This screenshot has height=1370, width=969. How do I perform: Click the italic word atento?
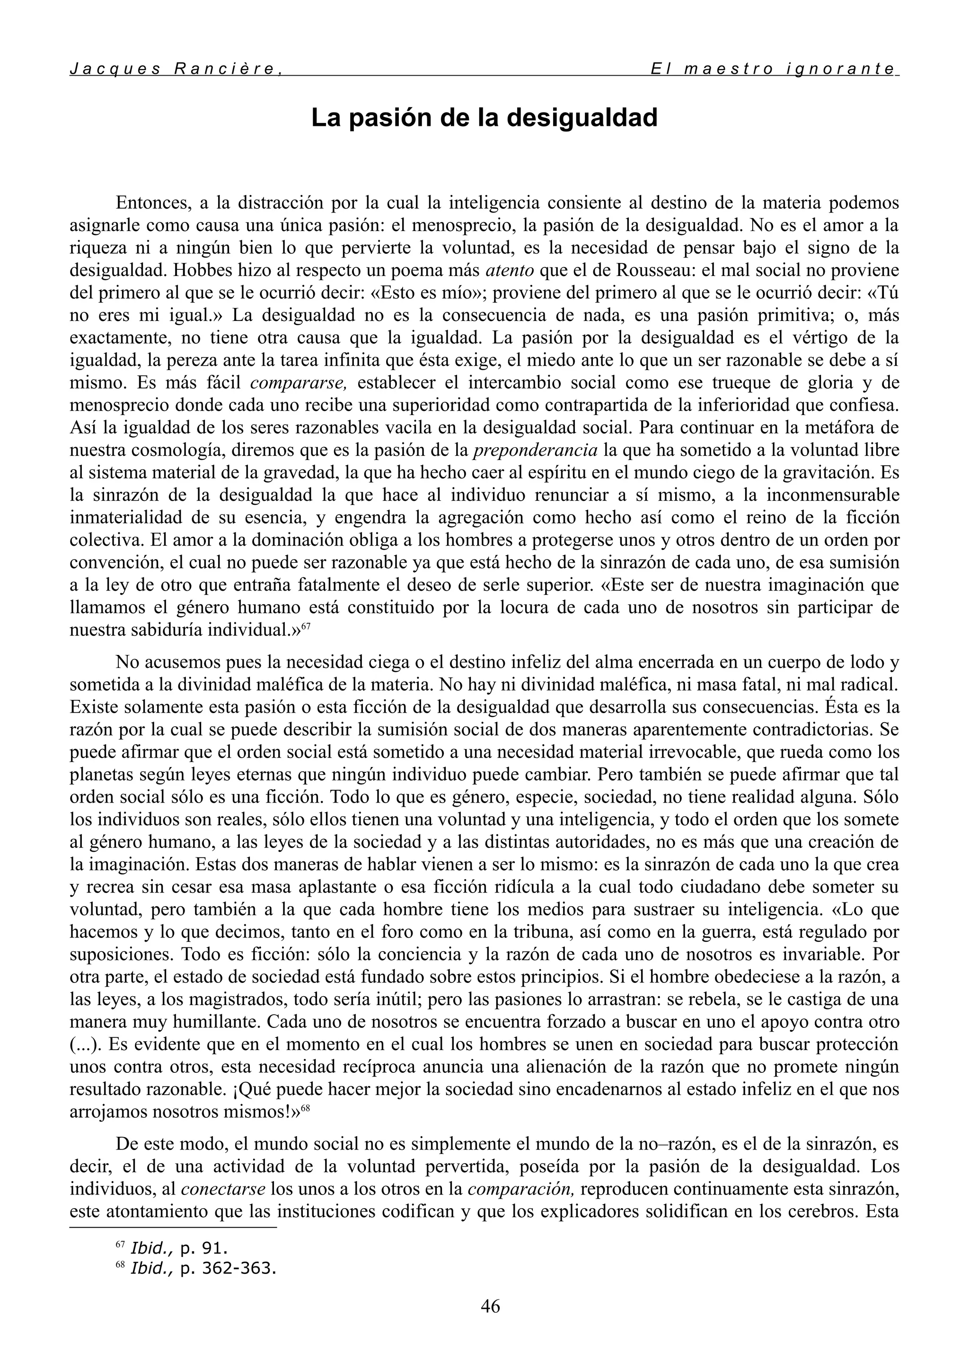pyautogui.click(x=510, y=270)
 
